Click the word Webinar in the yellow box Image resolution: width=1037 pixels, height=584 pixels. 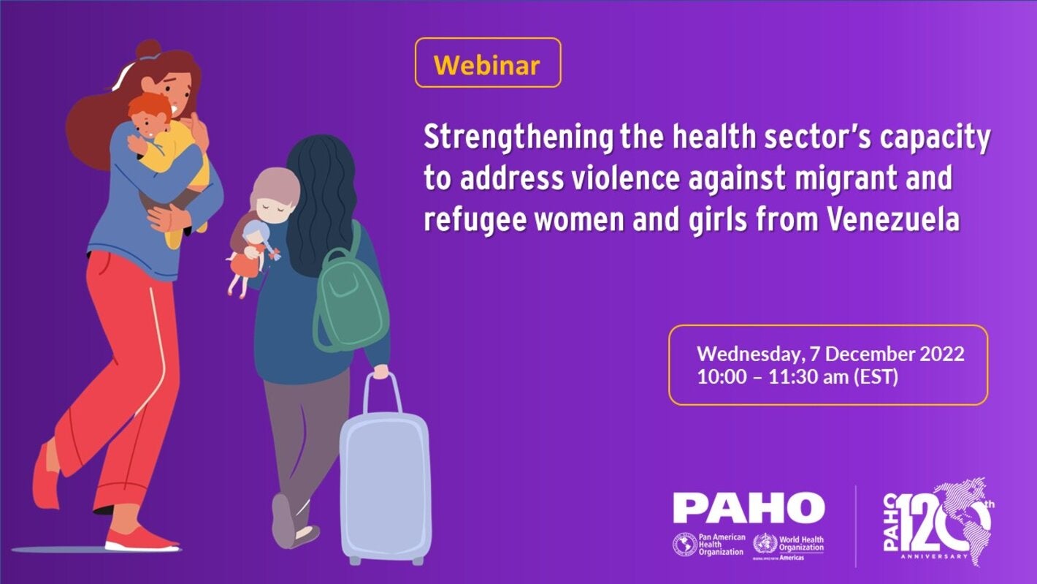pos(486,64)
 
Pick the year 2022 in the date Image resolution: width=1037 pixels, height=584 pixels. pos(938,354)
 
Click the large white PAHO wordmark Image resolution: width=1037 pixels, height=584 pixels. pos(749,507)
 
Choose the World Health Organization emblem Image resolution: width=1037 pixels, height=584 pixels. pos(765,545)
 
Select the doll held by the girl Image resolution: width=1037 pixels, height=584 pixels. pos(252,259)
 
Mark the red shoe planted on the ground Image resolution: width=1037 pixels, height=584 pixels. pos(141,541)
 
